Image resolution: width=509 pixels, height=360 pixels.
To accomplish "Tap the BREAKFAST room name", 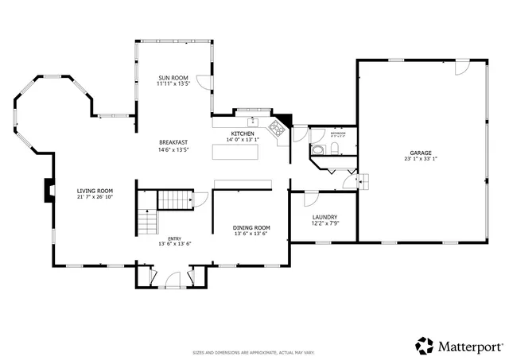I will pos(173,142).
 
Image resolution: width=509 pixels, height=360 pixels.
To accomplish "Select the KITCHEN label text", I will pos(243,134).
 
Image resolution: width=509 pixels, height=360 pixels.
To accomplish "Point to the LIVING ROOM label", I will pos(95,191).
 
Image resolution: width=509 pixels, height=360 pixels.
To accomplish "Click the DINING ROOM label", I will pos(251,227).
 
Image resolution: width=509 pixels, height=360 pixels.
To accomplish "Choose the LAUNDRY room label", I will pos(324,217).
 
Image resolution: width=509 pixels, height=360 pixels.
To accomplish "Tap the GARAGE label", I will pos(421,152).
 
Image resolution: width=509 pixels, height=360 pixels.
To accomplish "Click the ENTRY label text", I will pos(174,238).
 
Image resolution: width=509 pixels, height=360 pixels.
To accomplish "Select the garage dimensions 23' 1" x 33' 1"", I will pos(421,158).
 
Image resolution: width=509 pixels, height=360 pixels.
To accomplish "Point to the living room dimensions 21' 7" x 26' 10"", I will pos(95,197).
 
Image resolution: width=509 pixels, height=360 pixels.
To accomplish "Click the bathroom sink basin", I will pos(317,149).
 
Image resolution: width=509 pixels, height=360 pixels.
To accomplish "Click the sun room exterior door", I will pos(204,81).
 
